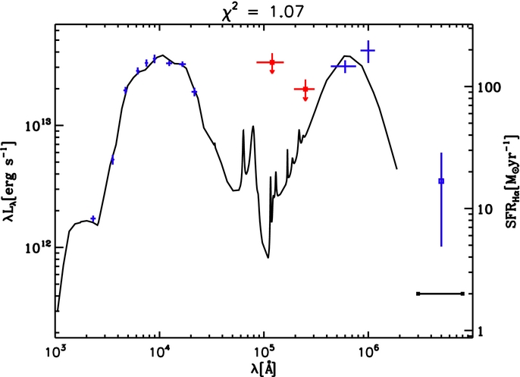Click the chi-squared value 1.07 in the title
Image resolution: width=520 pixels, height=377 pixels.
pyautogui.click(x=287, y=12)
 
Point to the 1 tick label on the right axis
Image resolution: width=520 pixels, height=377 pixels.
pyautogui.click(x=481, y=331)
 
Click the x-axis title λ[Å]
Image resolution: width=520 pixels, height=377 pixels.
pyautogui.click(x=263, y=369)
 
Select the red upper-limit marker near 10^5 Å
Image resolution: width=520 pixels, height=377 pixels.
pyautogui.click(x=272, y=62)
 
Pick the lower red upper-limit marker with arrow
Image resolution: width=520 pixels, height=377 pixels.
pyautogui.click(x=305, y=89)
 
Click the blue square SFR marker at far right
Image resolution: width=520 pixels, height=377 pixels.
pyautogui.click(x=441, y=181)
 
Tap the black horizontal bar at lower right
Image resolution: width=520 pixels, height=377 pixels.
pyautogui.click(x=440, y=294)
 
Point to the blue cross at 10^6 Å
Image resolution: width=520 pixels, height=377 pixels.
pyautogui.click(x=368, y=51)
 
